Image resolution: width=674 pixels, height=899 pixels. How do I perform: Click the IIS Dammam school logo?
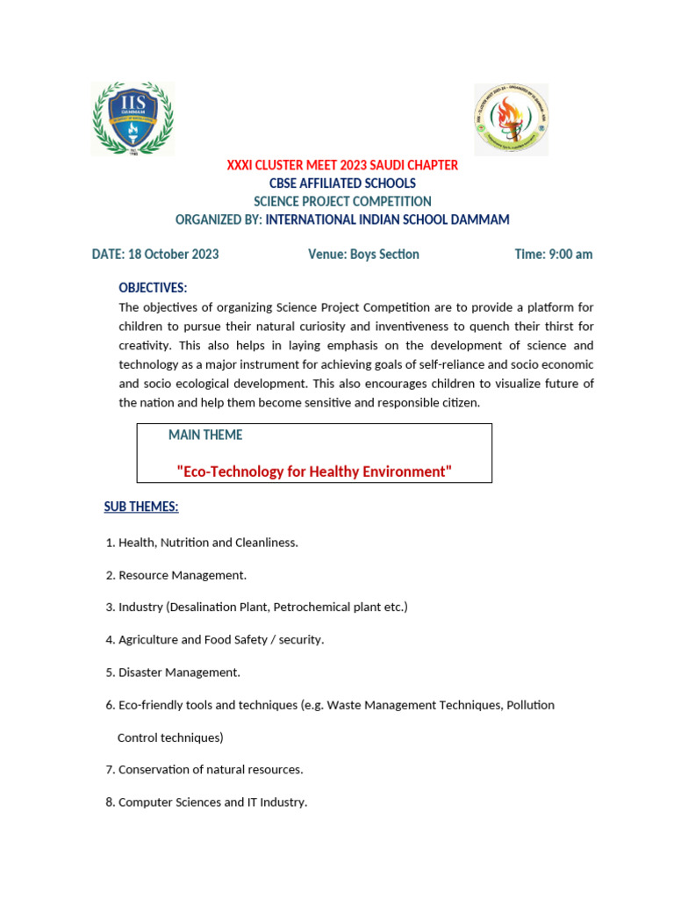tap(133, 119)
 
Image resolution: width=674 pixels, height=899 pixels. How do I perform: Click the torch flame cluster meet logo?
tap(511, 119)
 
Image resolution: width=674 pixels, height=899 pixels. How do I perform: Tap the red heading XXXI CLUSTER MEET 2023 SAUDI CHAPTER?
tap(342, 165)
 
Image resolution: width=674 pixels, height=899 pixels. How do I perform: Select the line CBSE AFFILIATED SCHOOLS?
tap(342, 183)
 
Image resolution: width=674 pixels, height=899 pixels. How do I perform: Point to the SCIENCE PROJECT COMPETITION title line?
tap(342, 202)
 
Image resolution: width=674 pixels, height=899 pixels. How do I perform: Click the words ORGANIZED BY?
tap(219, 219)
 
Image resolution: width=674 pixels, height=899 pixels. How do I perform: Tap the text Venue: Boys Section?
tap(363, 255)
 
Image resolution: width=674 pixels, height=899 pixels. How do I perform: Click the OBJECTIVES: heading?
tap(153, 288)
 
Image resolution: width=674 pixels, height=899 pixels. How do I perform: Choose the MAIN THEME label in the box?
tap(205, 435)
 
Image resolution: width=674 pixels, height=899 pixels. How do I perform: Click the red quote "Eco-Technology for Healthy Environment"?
tap(314, 472)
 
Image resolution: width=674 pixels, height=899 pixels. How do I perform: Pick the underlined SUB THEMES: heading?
tap(141, 507)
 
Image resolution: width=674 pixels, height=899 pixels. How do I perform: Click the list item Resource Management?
tap(183, 575)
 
